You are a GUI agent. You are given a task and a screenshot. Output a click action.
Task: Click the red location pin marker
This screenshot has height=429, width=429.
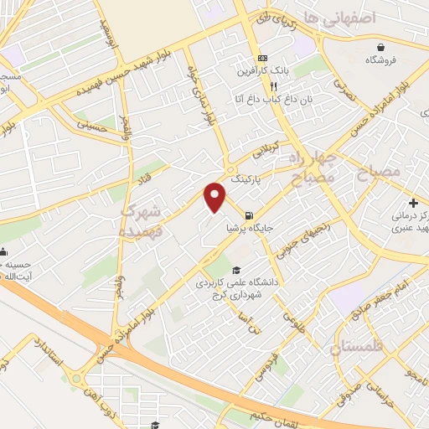pos(216,197)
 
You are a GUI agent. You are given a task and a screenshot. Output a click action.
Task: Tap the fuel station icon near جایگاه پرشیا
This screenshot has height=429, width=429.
pos(249,215)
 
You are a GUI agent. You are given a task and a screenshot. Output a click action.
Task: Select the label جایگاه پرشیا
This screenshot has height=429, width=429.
pos(249,227)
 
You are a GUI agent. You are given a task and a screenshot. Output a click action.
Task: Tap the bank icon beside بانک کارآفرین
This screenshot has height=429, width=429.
pos(263,58)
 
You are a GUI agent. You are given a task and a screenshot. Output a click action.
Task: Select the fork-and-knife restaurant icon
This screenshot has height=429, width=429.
pos(273,85)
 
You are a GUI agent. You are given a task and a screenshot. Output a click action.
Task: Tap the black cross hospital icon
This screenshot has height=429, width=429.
pos(413,203)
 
